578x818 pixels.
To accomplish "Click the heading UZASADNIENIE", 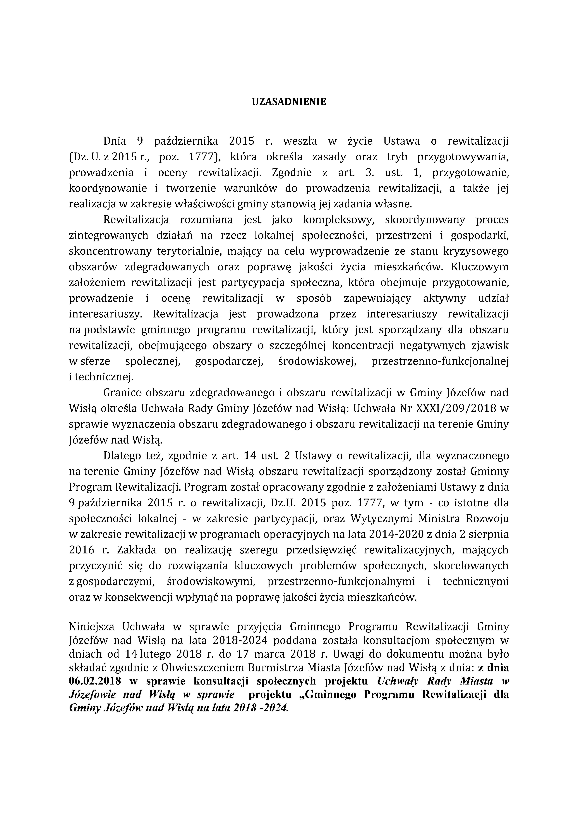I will pyautogui.click(x=289, y=102).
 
